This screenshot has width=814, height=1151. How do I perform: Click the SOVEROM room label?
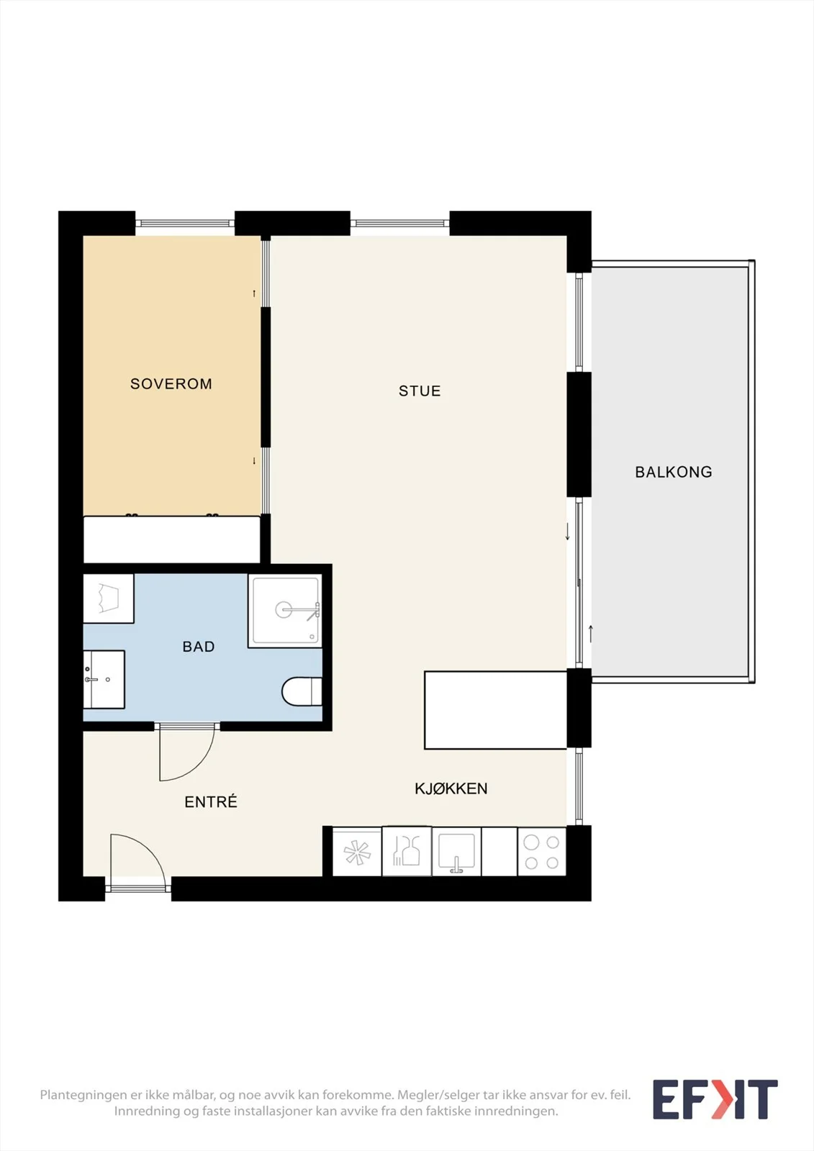point(171,384)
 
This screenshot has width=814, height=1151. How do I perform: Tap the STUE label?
point(420,391)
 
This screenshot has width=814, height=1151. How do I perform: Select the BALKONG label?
point(674,472)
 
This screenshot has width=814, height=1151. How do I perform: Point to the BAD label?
point(199,647)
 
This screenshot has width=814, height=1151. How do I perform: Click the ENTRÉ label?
point(211,801)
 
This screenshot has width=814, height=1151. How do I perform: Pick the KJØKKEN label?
point(451,788)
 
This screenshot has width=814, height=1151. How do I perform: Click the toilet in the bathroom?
point(302,691)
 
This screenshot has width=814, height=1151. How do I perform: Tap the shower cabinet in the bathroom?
point(286,611)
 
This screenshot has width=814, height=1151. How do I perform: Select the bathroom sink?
point(104,679)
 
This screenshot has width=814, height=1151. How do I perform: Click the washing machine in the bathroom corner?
point(109,598)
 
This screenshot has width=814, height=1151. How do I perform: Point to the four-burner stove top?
point(541,852)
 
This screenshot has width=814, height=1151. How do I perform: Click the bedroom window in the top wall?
point(185,223)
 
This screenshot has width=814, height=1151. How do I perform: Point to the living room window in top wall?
point(400,223)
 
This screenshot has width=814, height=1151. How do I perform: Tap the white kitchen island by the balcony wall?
point(496,709)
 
